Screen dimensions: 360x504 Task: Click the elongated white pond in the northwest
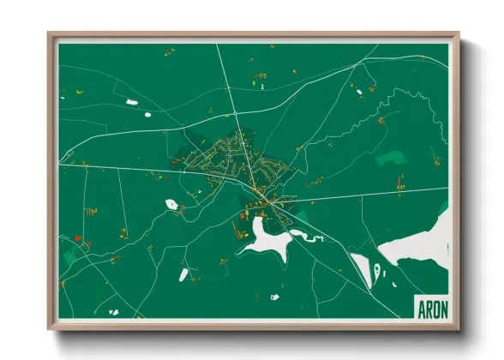132,103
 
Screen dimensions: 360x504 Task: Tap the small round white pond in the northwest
147,114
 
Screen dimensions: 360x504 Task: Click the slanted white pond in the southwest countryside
183,274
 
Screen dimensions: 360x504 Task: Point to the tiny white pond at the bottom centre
274,297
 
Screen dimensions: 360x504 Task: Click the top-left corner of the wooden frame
50,34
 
